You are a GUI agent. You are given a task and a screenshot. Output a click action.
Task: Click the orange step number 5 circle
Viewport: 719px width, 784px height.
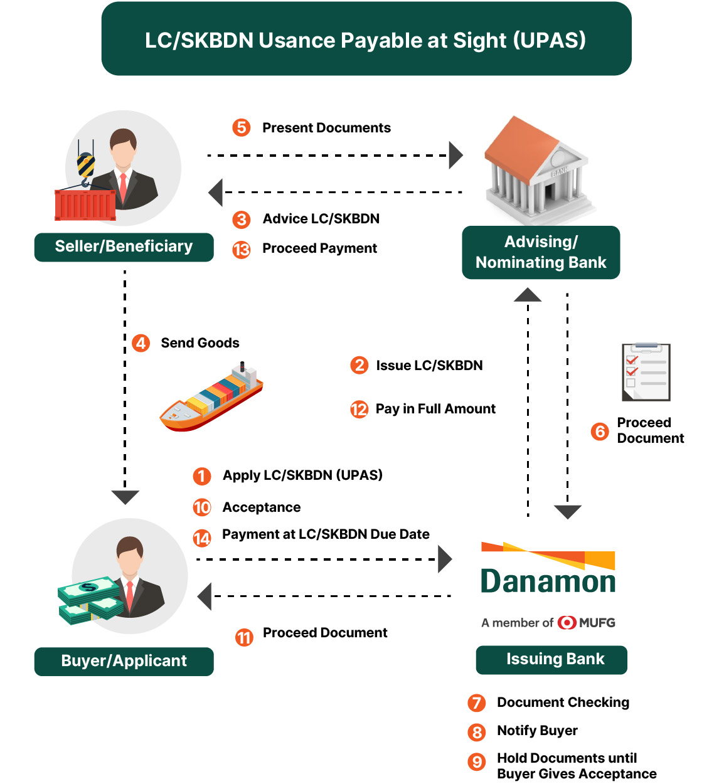[241, 127]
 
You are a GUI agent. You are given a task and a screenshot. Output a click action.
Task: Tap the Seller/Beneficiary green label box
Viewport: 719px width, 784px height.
[124, 246]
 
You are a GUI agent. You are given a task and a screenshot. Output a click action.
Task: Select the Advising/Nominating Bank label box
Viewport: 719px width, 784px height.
[541, 252]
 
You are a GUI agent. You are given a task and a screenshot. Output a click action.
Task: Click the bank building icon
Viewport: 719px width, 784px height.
[538, 169]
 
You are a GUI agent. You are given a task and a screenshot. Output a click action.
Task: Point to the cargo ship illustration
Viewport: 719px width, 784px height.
[211, 396]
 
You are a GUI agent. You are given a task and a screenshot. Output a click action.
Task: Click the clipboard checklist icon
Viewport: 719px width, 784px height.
[646, 372]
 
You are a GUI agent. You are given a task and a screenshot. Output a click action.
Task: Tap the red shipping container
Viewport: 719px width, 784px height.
[85, 204]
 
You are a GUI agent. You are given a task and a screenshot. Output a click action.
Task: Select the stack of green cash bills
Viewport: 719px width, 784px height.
[90, 600]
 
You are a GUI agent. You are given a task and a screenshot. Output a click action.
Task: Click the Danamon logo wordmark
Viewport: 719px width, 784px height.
[548, 581]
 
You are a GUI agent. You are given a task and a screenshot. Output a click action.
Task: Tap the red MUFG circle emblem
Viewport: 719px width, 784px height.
[567, 623]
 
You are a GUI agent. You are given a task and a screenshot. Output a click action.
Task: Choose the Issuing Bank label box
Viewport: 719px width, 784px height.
[551, 659]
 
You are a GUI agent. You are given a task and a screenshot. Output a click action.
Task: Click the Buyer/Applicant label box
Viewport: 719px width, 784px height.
[124, 661]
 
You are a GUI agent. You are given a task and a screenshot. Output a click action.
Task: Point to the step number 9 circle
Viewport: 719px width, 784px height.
[477, 761]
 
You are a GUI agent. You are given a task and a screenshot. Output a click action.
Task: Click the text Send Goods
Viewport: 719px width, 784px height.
[200, 343]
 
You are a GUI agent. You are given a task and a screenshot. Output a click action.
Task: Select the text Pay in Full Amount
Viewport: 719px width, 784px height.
[435, 409]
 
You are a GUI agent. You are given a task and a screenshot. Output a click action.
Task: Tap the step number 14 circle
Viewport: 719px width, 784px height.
[202, 538]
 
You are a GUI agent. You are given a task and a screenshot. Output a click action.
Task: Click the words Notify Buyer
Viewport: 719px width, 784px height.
[537, 731]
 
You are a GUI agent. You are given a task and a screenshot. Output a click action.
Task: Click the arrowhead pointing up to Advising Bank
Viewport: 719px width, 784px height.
[528, 295]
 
